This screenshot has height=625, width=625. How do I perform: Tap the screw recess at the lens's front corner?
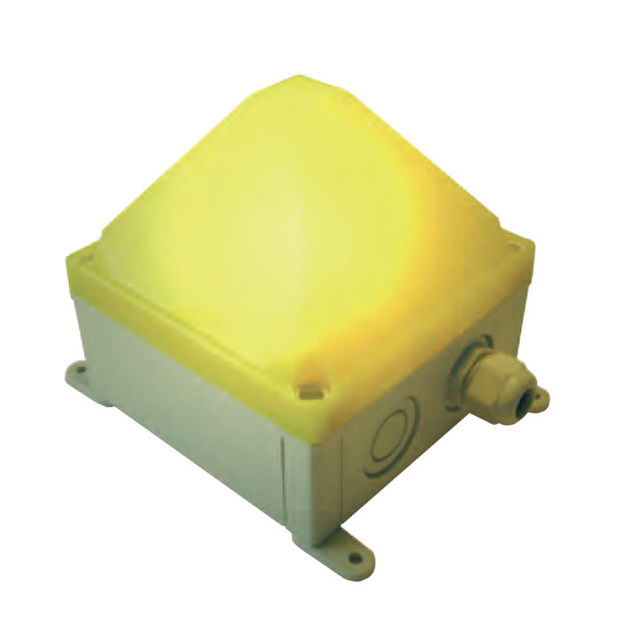[x=309, y=386]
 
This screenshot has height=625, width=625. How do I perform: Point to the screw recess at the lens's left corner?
[x=86, y=258]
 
